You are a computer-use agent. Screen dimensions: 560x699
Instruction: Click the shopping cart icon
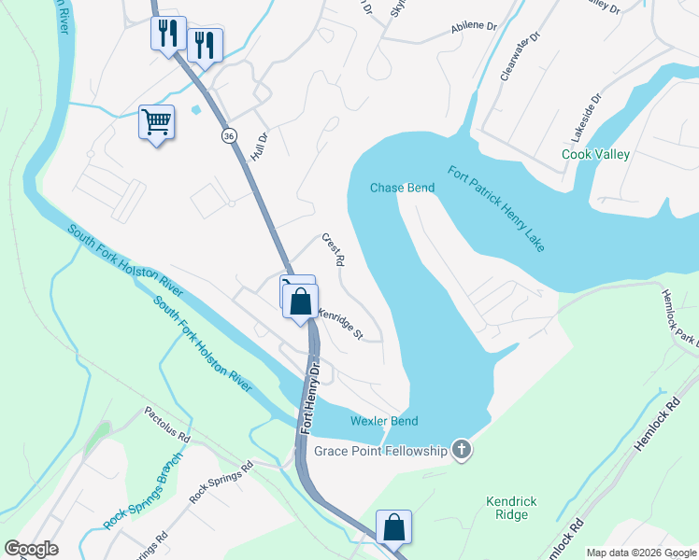[156, 121]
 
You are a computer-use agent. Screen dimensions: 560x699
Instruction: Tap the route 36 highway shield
[229, 136]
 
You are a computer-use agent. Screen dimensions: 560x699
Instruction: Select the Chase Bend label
[402, 188]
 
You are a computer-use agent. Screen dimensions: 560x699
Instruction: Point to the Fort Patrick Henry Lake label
[496, 208]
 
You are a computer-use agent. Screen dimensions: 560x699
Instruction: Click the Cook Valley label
[595, 154]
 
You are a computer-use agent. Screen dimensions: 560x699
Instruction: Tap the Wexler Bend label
[383, 421]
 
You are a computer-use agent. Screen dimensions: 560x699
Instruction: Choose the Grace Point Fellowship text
[367, 452]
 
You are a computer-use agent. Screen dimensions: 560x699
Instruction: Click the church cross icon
[460, 452]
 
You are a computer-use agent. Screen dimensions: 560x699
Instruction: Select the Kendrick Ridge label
[511, 508]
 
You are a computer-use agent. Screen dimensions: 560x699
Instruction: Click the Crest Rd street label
[334, 249]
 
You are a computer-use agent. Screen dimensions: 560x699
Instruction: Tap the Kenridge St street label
[340, 324]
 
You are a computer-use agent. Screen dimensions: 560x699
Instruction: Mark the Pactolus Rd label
[166, 425]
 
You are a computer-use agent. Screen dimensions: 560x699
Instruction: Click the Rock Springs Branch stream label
[142, 492]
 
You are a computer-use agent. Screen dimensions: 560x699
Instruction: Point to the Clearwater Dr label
[521, 56]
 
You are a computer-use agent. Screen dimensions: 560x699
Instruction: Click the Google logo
[31, 549]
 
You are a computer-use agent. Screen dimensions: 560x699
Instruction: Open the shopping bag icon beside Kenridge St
[301, 302]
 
